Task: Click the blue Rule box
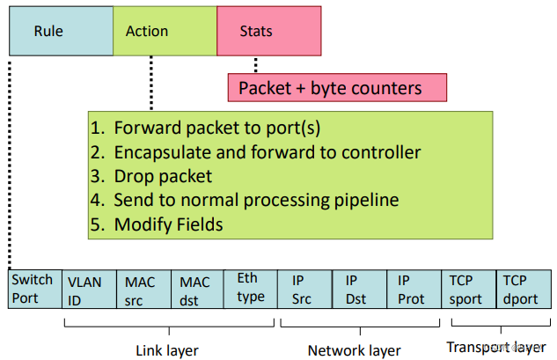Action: click(x=60, y=31)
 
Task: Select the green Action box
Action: click(x=165, y=31)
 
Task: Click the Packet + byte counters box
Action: click(x=337, y=88)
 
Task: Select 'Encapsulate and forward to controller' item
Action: click(x=256, y=152)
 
